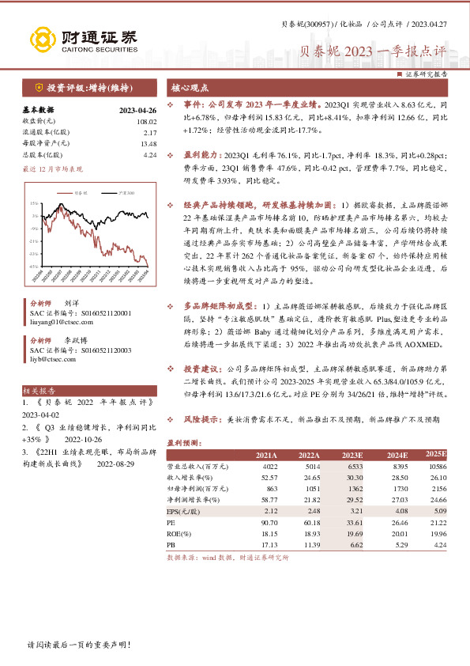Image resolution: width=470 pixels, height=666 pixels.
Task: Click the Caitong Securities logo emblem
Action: click(x=39, y=39)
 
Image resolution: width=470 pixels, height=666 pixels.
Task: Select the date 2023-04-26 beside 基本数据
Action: click(x=137, y=111)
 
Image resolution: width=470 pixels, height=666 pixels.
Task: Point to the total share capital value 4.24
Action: click(x=150, y=155)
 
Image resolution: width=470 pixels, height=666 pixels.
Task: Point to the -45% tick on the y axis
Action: click(x=34, y=267)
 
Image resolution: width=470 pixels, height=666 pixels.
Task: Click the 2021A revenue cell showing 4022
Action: click(x=264, y=467)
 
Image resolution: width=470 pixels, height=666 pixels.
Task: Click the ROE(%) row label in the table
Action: click(x=179, y=533)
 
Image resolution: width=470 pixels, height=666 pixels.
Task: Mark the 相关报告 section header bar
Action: click(x=39, y=391)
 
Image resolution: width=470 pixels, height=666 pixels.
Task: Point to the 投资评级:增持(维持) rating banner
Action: click(x=87, y=88)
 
